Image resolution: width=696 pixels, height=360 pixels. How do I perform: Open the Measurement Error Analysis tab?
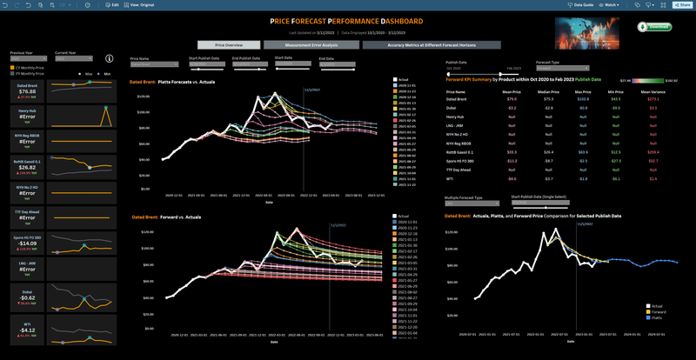click(x=311, y=44)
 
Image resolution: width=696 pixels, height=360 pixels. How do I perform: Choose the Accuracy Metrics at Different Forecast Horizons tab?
click(x=419, y=44)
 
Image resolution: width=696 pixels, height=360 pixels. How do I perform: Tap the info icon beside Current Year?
click(x=110, y=58)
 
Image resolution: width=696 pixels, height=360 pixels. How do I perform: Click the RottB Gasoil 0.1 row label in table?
click(x=460, y=152)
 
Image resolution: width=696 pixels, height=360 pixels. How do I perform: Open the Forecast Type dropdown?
click(x=562, y=68)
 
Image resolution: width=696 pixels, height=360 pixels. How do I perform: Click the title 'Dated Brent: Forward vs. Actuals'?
click(x=178, y=217)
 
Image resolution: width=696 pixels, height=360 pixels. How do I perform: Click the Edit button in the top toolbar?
click(x=112, y=4)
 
